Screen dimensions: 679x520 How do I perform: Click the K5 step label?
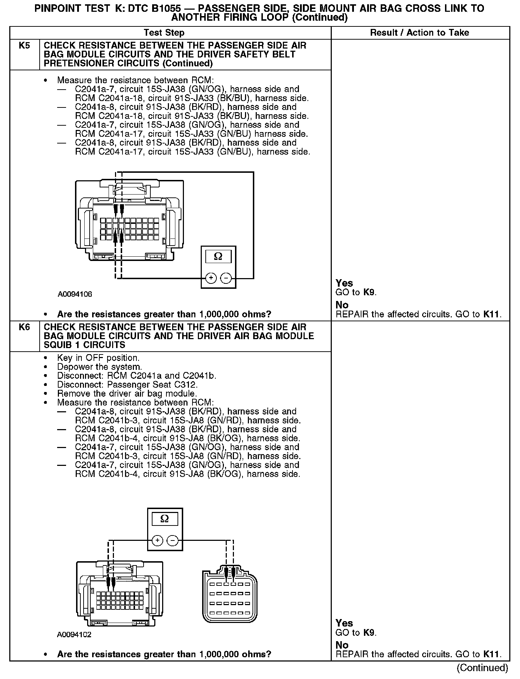24,46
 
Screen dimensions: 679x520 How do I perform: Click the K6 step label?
24,327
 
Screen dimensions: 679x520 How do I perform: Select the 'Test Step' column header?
164,33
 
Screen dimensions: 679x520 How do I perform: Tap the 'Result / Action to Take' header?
419,33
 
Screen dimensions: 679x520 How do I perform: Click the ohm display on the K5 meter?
218,257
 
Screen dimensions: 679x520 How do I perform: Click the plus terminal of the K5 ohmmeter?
211,278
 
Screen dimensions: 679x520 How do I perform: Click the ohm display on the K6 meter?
165,519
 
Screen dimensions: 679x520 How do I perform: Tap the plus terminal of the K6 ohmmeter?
157,540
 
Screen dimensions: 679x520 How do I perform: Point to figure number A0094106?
75,294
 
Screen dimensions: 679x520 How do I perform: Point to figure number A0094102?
74,635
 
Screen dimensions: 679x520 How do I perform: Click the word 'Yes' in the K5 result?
344,283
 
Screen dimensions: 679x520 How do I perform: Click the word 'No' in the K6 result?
342,645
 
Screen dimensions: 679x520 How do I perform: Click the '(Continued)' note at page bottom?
482,668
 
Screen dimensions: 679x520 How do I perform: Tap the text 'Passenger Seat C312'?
152,385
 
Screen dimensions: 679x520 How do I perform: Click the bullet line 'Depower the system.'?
100,367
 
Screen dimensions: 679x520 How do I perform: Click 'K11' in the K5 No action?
492,315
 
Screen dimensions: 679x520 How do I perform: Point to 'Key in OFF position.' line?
98,358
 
